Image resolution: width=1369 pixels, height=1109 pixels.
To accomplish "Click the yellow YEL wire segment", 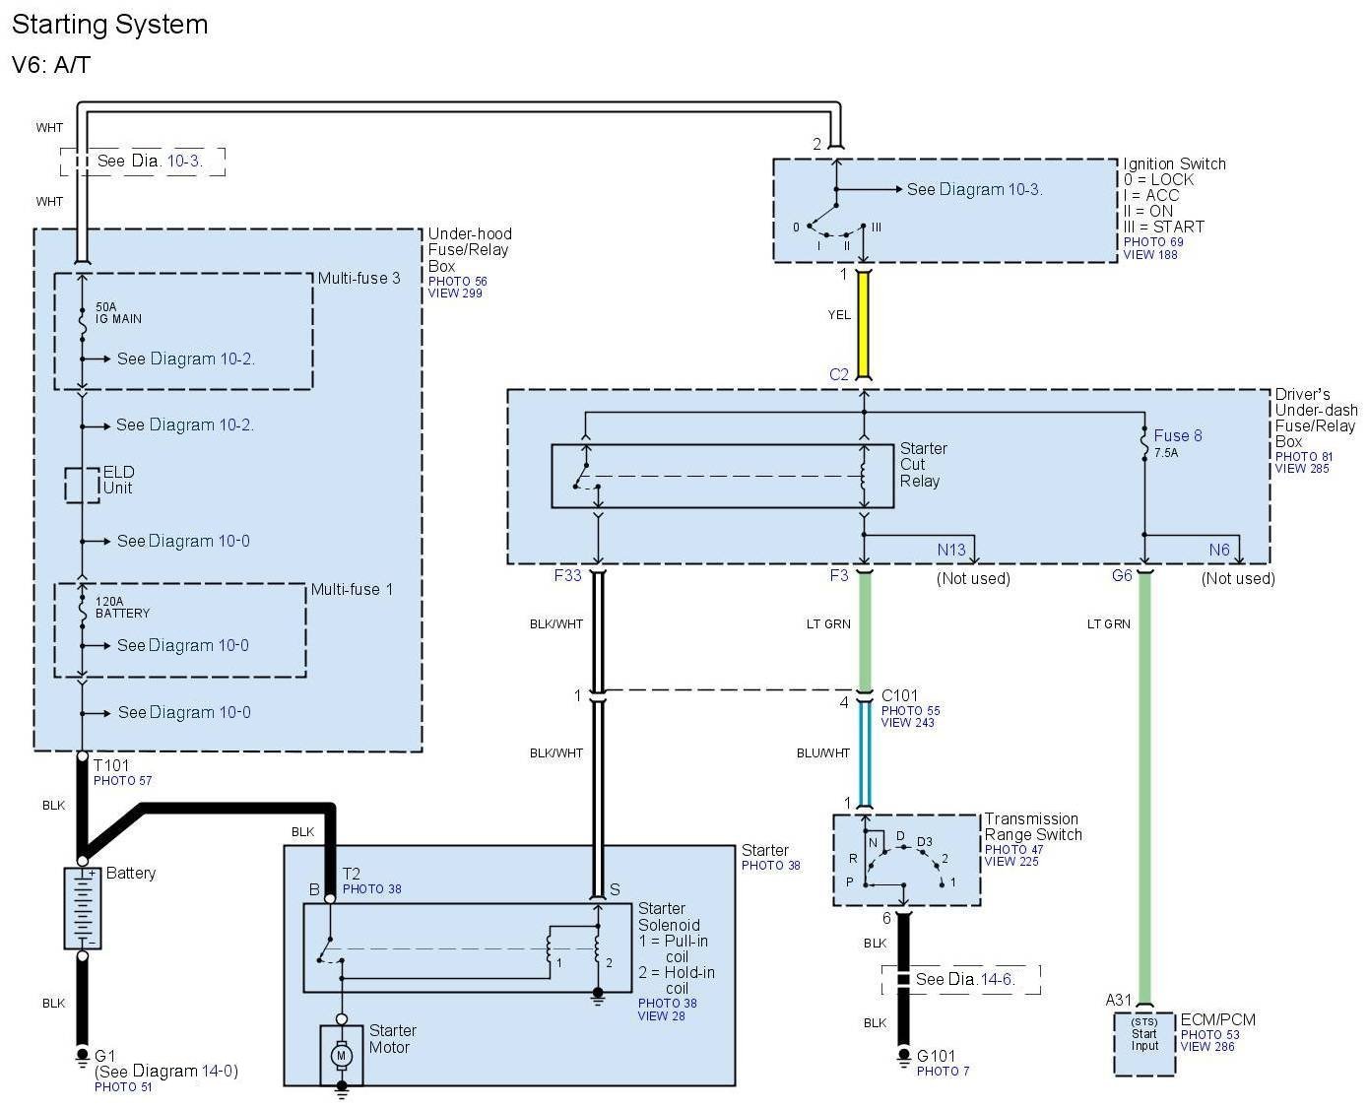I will point(864,324).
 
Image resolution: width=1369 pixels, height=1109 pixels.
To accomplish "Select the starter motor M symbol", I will point(342,1056).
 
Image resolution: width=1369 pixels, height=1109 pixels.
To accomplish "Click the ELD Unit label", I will point(118,480).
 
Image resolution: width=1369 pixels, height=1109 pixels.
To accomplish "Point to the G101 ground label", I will point(936,1056).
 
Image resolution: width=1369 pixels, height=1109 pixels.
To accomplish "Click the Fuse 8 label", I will point(1177,435).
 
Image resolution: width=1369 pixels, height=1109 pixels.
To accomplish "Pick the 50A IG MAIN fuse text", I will point(118,313).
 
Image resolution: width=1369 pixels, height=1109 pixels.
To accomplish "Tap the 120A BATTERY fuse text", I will point(122,607).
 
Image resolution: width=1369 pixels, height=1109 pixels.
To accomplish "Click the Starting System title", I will point(109,25).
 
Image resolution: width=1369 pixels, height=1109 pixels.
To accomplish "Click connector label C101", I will point(899,695).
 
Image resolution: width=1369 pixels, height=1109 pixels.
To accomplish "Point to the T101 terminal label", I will point(110,765).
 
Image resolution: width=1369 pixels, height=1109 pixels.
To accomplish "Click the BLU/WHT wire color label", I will point(822,753).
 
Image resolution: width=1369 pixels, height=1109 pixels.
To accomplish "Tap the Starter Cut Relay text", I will point(923,465).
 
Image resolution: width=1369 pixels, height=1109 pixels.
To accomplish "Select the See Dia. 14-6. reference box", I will point(963,979).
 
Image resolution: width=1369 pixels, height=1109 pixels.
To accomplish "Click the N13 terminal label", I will point(950,551).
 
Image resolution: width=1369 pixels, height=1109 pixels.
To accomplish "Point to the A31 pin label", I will point(1118,1000).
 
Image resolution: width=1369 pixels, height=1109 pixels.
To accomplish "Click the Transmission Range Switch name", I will point(1032,826).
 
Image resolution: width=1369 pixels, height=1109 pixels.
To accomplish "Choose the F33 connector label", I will point(567,575).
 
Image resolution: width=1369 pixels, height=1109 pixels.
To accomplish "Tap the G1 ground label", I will point(104,1056).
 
